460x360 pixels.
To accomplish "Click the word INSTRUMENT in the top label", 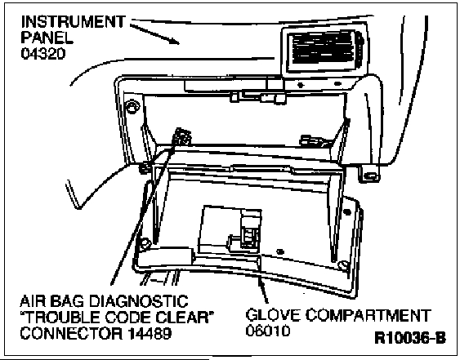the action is pyautogui.click(x=74, y=22).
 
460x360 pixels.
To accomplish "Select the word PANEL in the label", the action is pyautogui.click(x=47, y=38).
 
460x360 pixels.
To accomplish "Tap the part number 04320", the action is pyautogui.click(x=42, y=54).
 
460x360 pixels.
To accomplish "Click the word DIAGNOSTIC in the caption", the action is pyautogui.click(x=138, y=302).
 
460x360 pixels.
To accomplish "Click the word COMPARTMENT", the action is pyautogui.click(x=368, y=315).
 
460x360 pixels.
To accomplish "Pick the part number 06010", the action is pyautogui.click(x=268, y=331).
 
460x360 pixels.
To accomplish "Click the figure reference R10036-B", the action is pyautogui.click(x=410, y=338).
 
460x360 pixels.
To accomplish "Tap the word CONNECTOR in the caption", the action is pyautogui.click(x=71, y=333).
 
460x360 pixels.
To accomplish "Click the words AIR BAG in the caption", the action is pyautogui.click(x=52, y=302).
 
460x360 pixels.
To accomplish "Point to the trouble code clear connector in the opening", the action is pyautogui.click(x=182, y=136).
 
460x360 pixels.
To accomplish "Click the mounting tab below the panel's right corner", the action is pyautogui.click(x=369, y=175).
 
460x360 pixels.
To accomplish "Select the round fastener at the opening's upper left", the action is pyautogui.click(x=132, y=106).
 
